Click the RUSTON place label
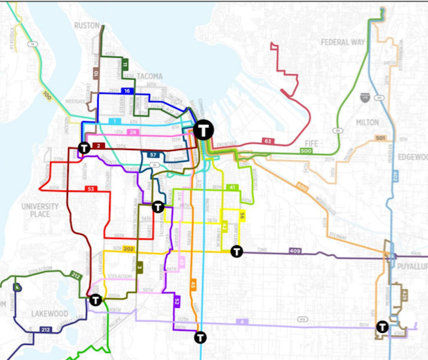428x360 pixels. (88, 26)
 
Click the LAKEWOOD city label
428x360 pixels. (50, 313)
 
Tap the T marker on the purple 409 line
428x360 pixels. (237, 252)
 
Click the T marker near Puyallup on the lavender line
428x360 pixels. (382, 327)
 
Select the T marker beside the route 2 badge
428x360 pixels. (84, 147)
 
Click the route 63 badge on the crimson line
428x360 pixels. (267, 141)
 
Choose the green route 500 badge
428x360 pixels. (306, 151)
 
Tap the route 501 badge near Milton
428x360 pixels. (379, 138)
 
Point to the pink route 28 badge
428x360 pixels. (132, 132)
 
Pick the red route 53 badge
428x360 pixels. (90, 189)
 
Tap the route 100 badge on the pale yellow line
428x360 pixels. (46, 95)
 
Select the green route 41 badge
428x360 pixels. (232, 188)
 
